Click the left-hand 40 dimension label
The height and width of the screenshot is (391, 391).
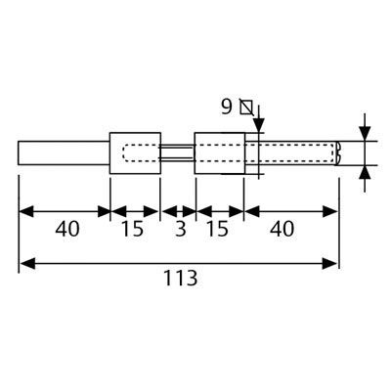(67, 229)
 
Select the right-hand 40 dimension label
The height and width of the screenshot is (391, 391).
(282, 229)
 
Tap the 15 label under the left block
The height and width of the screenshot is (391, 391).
(132, 229)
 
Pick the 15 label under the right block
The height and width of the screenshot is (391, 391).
(217, 229)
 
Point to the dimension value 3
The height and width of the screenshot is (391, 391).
(181, 229)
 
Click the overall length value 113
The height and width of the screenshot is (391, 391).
(181, 278)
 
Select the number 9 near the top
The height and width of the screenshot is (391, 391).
(227, 107)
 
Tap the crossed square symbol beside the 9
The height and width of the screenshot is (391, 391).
(246, 107)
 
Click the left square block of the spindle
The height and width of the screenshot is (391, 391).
(135, 153)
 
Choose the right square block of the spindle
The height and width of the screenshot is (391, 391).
(220, 153)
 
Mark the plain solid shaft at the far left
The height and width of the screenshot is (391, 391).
(64, 152)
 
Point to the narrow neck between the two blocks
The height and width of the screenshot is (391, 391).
(178, 153)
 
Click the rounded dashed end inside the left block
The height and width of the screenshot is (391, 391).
(125, 153)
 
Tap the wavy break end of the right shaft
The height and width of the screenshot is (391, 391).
(337, 153)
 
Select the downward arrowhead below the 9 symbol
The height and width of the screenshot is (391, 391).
(259, 125)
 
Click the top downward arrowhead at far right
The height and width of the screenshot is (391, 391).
(365, 134)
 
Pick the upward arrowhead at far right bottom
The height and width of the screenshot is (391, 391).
(365, 172)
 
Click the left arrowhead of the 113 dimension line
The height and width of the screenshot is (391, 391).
(27, 263)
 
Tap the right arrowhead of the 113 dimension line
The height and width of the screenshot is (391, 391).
(329, 263)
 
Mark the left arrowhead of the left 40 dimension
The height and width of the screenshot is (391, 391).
(27, 212)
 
